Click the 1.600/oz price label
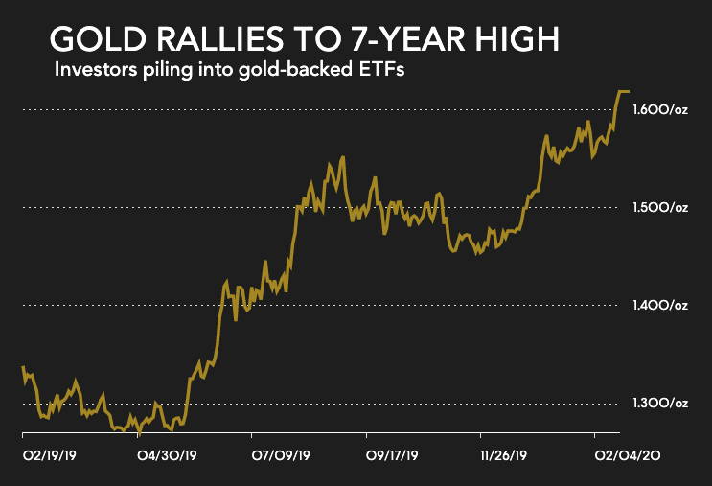pyautogui.click(x=659, y=111)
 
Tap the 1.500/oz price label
pyautogui.click(x=659, y=208)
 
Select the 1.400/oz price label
pyautogui.click(x=659, y=306)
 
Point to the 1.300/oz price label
pyautogui.click(x=659, y=403)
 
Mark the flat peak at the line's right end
pyautogui.click(x=623, y=92)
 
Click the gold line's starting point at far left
pyautogui.click(x=22, y=368)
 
